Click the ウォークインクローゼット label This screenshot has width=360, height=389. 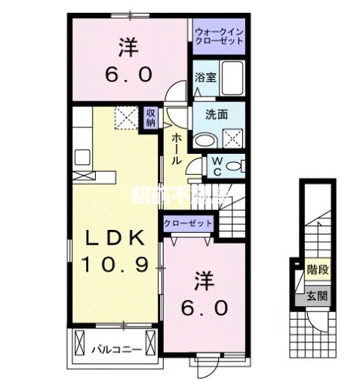(x=219, y=36)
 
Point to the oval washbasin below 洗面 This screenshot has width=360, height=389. (x=204, y=140)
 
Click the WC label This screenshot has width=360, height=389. (x=216, y=165)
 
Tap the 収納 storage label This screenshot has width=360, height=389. (x=151, y=118)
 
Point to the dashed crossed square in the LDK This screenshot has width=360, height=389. (x=124, y=118)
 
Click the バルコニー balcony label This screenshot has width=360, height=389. (x=113, y=350)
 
